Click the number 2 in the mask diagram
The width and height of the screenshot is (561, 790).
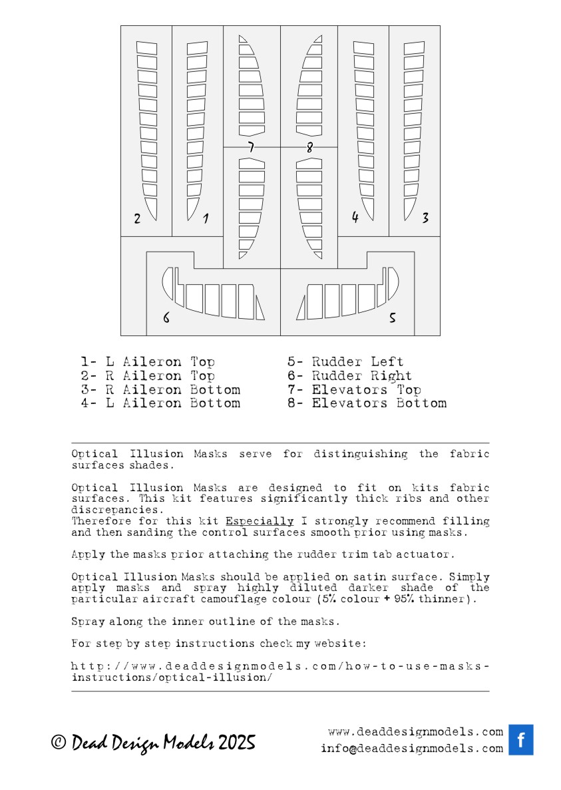(x=137, y=218)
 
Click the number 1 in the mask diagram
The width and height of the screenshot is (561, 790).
(x=206, y=218)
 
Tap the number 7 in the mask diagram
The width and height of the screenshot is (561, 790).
(x=250, y=147)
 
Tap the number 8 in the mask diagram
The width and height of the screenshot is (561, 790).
(x=309, y=148)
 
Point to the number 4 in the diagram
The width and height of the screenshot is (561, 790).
(x=355, y=217)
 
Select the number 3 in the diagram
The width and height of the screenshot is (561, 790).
(x=425, y=218)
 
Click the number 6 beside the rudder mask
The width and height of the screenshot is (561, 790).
(x=166, y=318)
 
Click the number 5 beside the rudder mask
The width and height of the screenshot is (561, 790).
(x=392, y=318)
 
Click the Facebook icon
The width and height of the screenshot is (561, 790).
(x=521, y=739)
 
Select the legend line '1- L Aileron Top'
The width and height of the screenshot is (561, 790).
(x=148, y=362)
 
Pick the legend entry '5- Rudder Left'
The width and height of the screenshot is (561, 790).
(x=345, y=362)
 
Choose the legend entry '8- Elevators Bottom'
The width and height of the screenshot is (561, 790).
(x=367, y=403)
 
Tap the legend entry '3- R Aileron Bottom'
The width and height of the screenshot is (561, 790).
(x=160, y=389)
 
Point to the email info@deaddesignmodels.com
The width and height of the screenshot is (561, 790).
(x=411, y=748)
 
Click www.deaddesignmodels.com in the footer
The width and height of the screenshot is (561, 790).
(x=415, y=731)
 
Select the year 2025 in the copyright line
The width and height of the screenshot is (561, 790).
(x=236, y=743)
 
